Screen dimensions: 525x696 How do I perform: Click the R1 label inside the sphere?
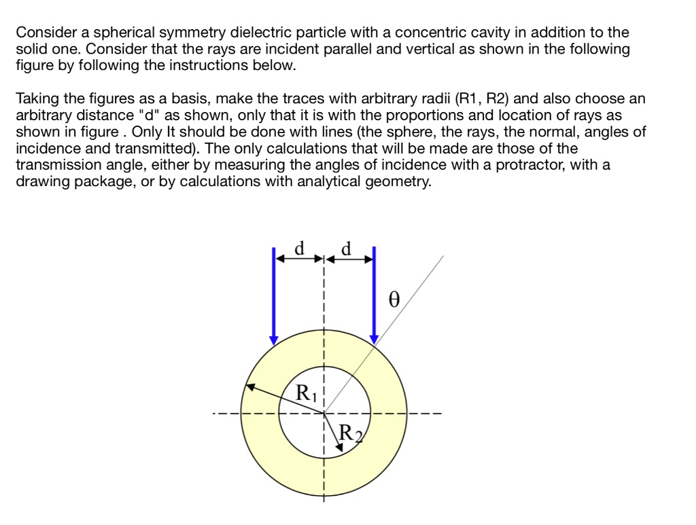[x=307, y=392]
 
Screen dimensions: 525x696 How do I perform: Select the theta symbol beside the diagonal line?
[x=391, y=300]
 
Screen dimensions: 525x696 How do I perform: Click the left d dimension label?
[x=298, y=249]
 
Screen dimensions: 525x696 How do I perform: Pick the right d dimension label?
[x=347, y=249]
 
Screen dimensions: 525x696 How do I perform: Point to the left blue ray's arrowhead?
[x=273, y=339]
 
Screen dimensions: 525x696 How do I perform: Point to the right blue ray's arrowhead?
[x=374, y=339]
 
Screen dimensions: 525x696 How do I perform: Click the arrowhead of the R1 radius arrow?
[x=249, y=387]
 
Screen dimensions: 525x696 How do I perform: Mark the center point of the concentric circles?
[x=324, y=412]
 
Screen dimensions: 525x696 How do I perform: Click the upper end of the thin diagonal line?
[x=443, y=257]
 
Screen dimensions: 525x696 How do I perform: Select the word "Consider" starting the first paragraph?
[x=42, y=33]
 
